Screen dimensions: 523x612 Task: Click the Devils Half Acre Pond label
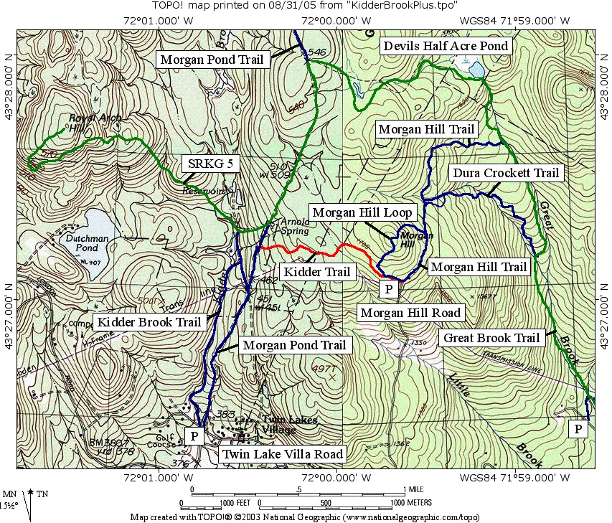pyautogui.click(x=446, y=46)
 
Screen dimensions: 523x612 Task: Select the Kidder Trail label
pyautogui.click(x=317, y=271)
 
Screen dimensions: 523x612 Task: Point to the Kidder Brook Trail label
pyautogui.click(x=149, y=322)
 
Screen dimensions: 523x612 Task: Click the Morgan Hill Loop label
pyautogui.click(x=362, y=212)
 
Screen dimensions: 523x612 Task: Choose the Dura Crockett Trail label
pyautogui.click(x=505, y=173)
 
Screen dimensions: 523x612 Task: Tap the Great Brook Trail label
pyautogui.click(x=491, y=338)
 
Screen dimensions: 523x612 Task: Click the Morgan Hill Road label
pyautogui.click(x=410, y=313)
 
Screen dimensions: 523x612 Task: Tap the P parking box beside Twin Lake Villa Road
pyautogui.click(x=194, y=435)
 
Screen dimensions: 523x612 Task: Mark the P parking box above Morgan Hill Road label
pyautogui.click(x=387, y=289)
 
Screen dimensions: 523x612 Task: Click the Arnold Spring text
pyautogui.click(x=294, y=226)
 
